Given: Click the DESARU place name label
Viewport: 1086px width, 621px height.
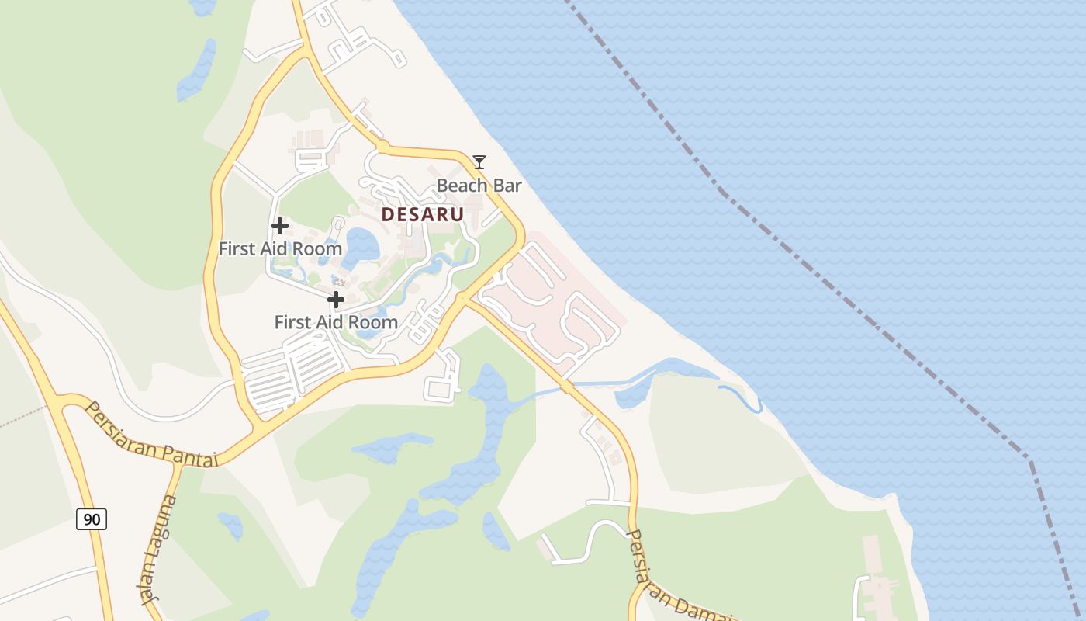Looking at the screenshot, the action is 423,214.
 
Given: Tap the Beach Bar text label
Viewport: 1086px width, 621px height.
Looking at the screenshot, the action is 479,186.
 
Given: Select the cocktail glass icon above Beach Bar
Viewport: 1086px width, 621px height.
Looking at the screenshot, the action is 479,161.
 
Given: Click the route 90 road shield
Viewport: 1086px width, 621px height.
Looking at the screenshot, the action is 92,519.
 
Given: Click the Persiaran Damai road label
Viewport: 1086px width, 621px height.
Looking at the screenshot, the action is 675,578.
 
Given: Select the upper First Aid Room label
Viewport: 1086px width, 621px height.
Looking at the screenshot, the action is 280,248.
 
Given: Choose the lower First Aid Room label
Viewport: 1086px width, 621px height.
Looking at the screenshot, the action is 336,321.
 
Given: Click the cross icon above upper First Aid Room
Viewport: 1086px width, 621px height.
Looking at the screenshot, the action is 280,227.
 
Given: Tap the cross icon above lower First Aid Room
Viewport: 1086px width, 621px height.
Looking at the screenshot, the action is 336,300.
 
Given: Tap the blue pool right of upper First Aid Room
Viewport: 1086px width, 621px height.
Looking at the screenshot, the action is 361,245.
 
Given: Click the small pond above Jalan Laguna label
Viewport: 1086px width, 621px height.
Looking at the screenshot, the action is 230,524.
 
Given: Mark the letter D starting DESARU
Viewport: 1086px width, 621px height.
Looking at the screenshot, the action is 388,214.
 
